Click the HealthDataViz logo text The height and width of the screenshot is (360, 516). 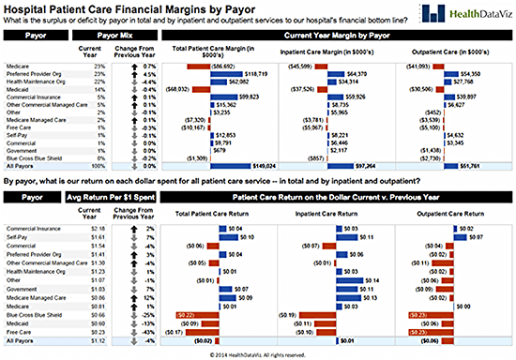pyautogui.click(x=470, y=12)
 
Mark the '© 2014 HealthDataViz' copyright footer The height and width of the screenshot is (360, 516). pyautogui.click(x=257, y=354)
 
